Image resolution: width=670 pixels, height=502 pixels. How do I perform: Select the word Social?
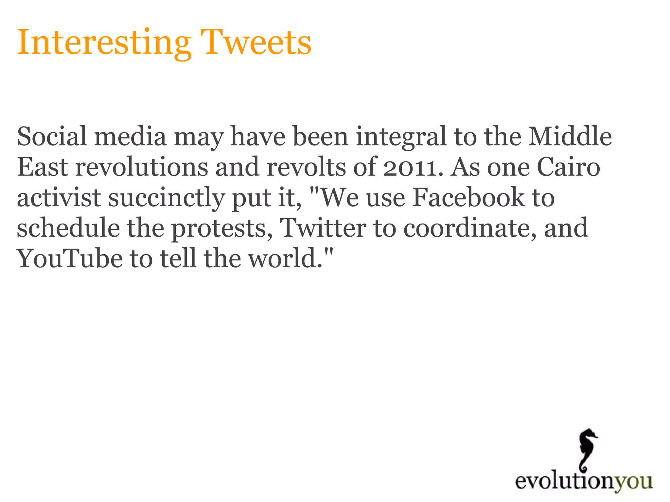(52, 136)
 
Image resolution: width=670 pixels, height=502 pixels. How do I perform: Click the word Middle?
(570, 136)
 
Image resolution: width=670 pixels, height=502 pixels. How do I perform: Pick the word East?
(43, 167)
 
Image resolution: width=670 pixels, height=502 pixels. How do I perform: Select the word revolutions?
(142, 167)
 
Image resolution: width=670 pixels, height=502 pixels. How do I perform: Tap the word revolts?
(306, 167)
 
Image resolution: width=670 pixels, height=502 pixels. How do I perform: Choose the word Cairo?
(568, 167)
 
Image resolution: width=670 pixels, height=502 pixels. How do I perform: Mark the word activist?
(59, 197)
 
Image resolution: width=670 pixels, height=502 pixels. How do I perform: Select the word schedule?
(68, 228)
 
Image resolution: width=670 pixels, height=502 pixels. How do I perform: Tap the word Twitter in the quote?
(323, 228)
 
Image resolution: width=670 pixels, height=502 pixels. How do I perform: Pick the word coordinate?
(470, 228)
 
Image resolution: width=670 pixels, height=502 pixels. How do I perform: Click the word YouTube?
(70, 258)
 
